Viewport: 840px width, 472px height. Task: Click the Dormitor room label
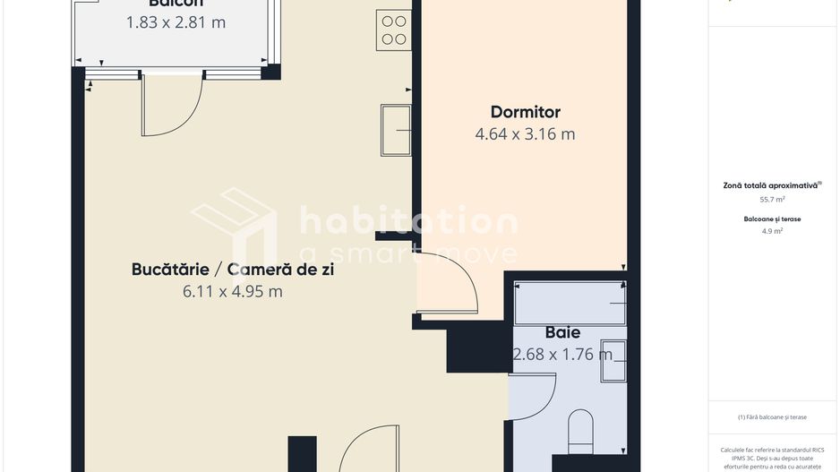pyautogui.click(x=525, y=112)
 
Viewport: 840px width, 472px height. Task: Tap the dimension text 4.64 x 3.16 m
pyautogui.click(x=525, y=134)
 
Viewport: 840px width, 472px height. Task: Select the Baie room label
pyautogui.click(x=562, y=332)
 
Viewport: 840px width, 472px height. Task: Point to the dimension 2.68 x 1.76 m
pyautogui.click(x=562, y=354)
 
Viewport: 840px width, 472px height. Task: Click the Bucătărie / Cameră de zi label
pyautogui.click(x=232, y=269)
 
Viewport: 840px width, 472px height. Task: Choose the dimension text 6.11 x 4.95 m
pyautogui.click(x=232, y=291)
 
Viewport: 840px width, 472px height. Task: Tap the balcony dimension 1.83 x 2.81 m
pyautogui.click(x=176, y=22)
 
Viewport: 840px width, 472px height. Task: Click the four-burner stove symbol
pyautogui.click(x=394, y=29)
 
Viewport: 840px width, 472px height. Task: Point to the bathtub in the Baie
pyautogui.click(x=570, y=304)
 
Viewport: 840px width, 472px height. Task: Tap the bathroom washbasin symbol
pyautogui.click(x=613, y=361)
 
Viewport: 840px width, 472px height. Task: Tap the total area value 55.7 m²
pyautogui.click(x=772, y=200)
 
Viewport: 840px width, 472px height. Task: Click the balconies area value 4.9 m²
pyautogui.click(x=772, y=231)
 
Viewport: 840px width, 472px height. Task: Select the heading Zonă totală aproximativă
pyautogui.click(x=771, y=185)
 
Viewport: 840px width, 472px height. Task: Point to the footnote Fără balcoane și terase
pyautogui.click(x=772, y=416)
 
